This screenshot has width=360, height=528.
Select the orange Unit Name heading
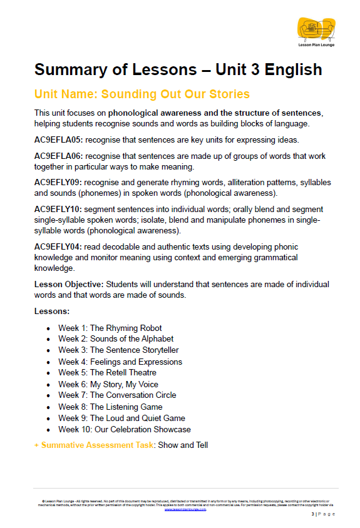click(142, 94)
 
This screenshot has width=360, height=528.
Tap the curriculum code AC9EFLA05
click(58, 140)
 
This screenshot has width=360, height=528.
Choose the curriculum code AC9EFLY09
click(58, 183)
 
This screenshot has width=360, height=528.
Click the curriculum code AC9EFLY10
click(58, 210)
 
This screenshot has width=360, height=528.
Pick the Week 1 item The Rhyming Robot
click(110, 328)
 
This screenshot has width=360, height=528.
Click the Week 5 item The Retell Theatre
click(107, 373)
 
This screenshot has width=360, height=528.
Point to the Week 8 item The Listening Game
click(110, 407)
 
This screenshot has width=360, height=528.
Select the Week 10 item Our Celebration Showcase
click(125, 430)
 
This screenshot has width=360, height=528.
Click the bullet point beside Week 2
click(48, 339)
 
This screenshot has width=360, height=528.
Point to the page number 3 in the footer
click(312, 514)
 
